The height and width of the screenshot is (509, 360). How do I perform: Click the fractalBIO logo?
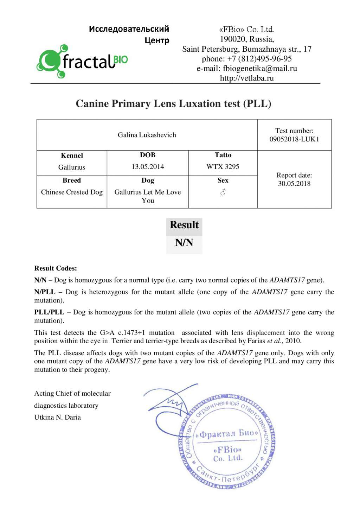(x=82, y=61)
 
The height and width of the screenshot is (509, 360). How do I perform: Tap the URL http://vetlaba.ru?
(x=246, y=78)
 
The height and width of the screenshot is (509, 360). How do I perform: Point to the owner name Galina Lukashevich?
(x=147, y=135)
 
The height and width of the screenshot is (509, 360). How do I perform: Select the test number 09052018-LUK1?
(x=294, y=139)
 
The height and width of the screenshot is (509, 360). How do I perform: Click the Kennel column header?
(x=72, y=155)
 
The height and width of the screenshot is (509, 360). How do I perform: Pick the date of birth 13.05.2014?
(x=148, y=167)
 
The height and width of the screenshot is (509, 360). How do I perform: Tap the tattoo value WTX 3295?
(x=223, y=167)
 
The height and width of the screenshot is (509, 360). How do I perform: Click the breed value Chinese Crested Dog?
(x=72, y=192)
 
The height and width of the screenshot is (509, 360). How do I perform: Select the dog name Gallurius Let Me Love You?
(x=148, y=196)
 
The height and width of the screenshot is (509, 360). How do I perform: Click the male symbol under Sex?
(x=223, y=192)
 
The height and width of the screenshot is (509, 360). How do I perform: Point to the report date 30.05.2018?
(x=294, y=184)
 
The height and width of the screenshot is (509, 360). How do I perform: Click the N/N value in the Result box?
(x=184, y=243)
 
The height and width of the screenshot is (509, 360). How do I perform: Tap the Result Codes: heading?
(x=56, y=268)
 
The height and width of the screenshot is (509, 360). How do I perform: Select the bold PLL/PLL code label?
(x=49, y=312)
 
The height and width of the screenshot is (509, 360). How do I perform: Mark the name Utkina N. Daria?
(x=57, y=417)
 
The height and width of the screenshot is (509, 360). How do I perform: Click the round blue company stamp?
(x=227, y=441)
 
